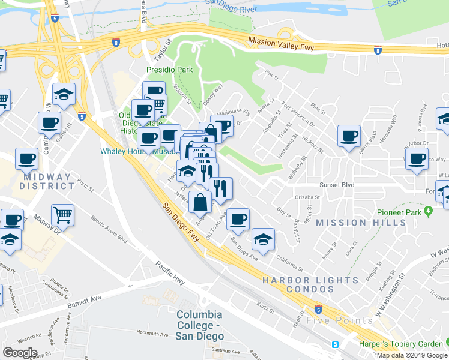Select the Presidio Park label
[x=170, y=70]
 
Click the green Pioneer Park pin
[x=428, y=211]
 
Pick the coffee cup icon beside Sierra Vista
[x=348, y=136]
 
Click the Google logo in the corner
[x=20, y=352]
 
